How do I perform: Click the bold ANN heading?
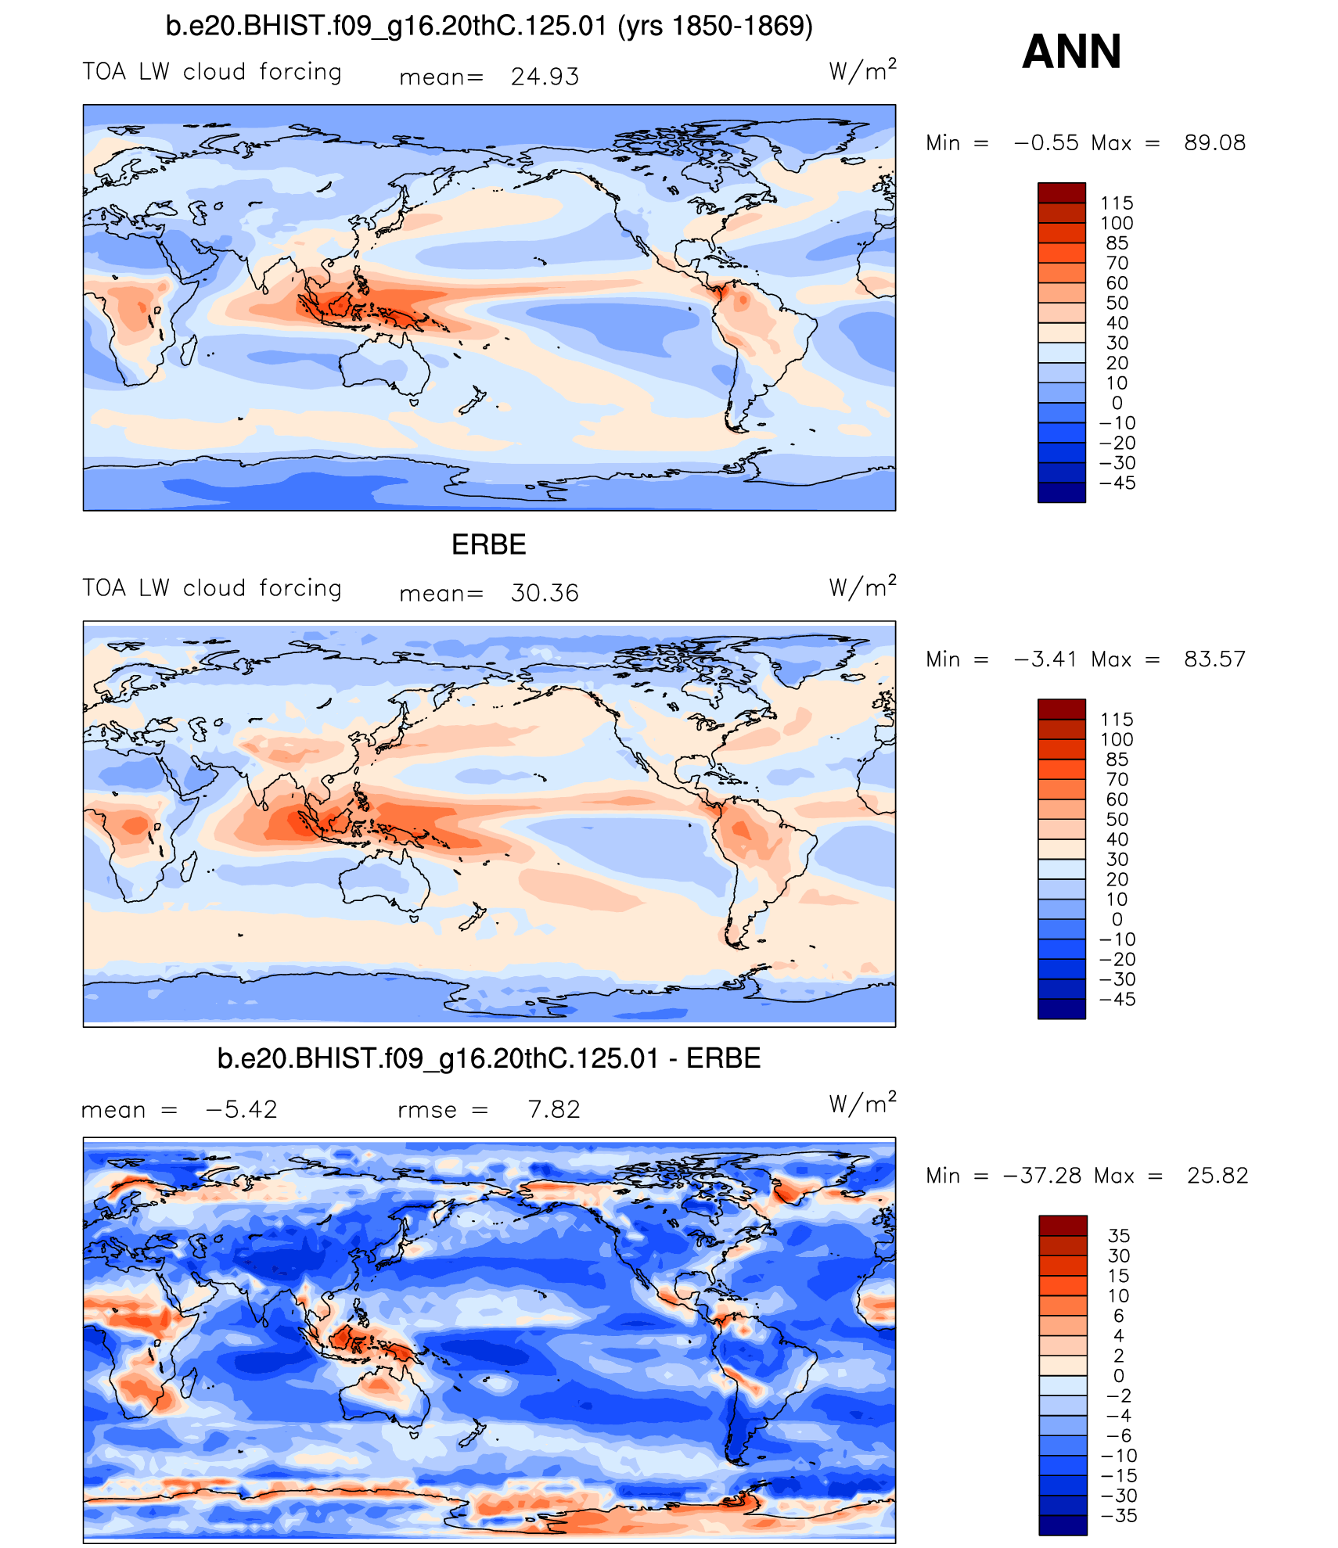[x=1071, y=52]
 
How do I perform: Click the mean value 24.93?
[x=545, y=77]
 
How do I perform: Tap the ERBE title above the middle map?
[x=489, y=544]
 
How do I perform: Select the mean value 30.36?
[x=545, y=593]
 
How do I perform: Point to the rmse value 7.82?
[x=554, y=1109]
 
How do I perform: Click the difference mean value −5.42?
[x=241, y=1109]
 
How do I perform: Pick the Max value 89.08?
[x=1214, y=142]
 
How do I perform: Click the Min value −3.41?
[x=1046, y=659]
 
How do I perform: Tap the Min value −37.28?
[x=1041, y=1175]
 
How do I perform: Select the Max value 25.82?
[x=1218, y=1175]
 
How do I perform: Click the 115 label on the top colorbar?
[x=1117, y=203]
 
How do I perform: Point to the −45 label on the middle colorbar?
[x=1117, y=999]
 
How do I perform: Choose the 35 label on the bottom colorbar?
[x=1119, y=1236]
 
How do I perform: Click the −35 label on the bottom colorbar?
[x=1119, y=1515]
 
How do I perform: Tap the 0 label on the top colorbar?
[x=1117, y=403]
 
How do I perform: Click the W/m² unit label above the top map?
[x=862, y=71]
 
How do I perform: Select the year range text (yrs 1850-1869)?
[x=715, y=27]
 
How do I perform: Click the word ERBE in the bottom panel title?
[x=723, y=1058]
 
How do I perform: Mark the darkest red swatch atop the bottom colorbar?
[x=1063, y=1226]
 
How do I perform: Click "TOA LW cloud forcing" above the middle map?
[x=212, y=588]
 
